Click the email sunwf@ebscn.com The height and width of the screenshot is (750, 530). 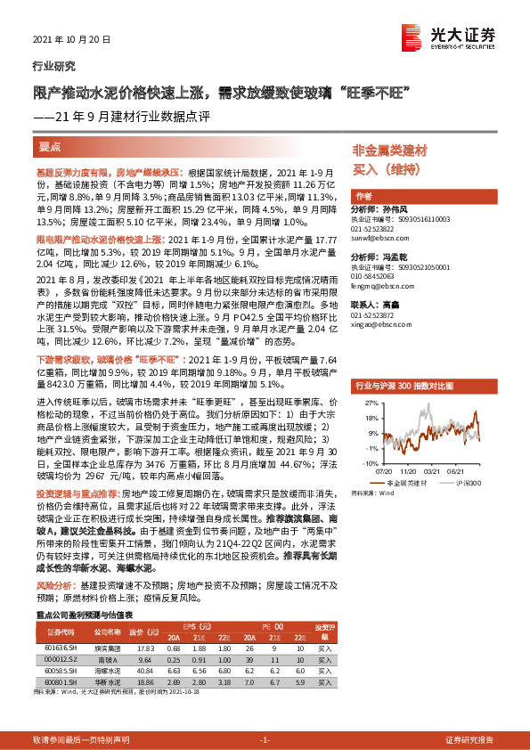(378, 239)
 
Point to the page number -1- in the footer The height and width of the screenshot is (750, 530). (265, 715)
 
